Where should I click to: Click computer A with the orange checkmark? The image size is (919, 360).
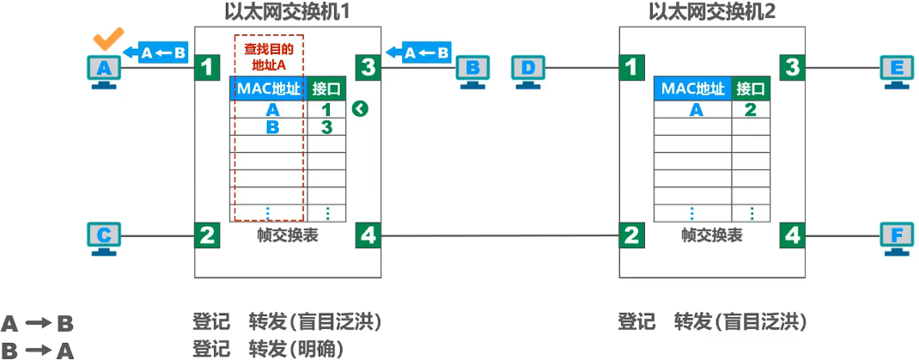pyautogui.click(x=104, y=70)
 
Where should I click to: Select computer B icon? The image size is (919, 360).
pyautogui.click(x=472, y=70)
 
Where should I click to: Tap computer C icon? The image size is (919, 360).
pyautogui.click(x=104, y=235)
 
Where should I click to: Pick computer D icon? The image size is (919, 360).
pyautogui.click(x=528, y=70)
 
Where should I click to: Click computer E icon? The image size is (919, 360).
pyautogui.click(x=897, y=70)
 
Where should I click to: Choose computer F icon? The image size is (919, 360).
pyautogui.click(x=897, y=235)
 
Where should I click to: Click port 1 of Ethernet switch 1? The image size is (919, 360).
pyautogui.click(x=207, y=66)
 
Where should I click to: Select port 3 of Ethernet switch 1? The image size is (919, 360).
pyautogui.click(x=368, y=66)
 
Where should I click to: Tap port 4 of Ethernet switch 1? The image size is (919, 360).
pyautogui.click(x=368, y=235)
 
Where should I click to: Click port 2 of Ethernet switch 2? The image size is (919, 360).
pyautogui.click(x=631, y=235)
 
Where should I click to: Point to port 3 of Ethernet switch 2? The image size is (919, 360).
pyautogui.click(x=792, y=66)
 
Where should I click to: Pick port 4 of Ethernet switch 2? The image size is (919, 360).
pyautogui.click(x=792, y=235)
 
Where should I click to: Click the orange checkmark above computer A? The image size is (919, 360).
pyautogui.click(x=107, y=40)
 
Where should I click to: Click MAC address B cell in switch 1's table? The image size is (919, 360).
pyautogui.click(x=272, y=127)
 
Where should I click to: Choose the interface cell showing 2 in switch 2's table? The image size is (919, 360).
pyautogui.click(x=750, y=109)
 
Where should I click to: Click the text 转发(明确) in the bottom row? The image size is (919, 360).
pyautogui.click(x=295, y=349)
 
